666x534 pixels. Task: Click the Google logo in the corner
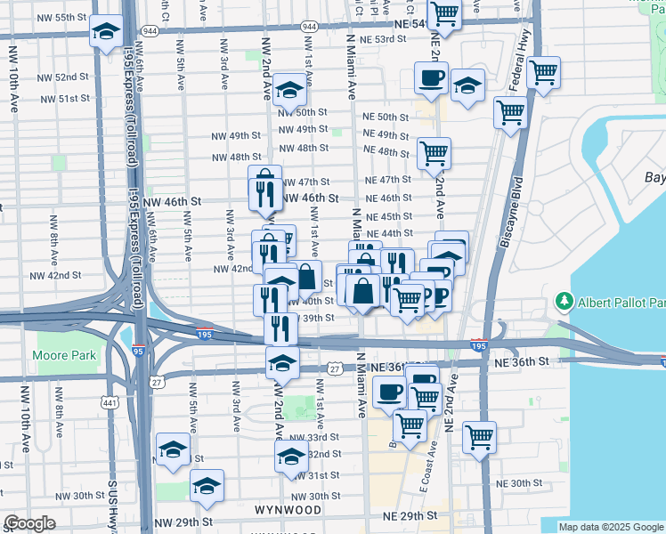coord(29,523)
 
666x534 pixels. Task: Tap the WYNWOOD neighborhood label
coord(288,511)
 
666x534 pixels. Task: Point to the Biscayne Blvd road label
coord(516,214)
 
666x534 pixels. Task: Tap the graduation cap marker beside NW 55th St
coord(107,33)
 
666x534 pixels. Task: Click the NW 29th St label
coord(183,522)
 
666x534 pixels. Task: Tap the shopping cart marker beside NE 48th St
coord(434,152)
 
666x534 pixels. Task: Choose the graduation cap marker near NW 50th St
coord(289,90)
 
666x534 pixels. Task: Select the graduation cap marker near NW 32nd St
coord(291,457)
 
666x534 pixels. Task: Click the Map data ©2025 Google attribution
coord(611,527)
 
